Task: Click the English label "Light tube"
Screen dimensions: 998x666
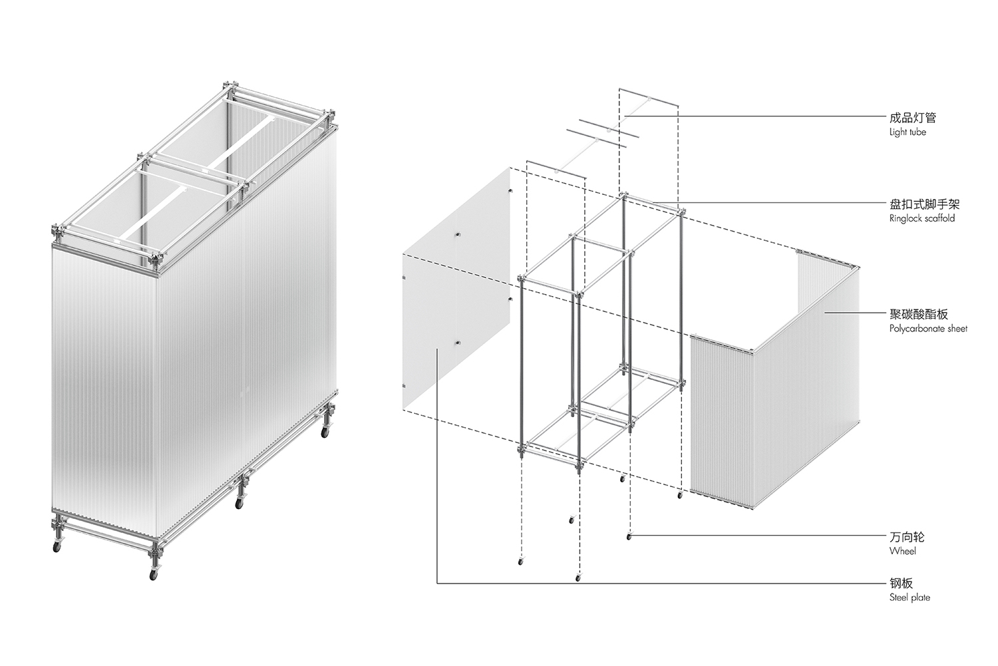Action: point(908,132)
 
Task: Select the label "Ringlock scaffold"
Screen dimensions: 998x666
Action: point(922,218)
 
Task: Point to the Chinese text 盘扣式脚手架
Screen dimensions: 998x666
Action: point(925,204)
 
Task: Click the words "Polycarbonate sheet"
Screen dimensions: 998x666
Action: point(929,329)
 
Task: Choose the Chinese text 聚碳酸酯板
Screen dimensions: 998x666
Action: point(919,314)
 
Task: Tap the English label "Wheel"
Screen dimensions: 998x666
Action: point(903,551)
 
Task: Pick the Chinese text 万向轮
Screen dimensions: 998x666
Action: point(907,537)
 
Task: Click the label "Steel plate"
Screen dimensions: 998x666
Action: point(910,597)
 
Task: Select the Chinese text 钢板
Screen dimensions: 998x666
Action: point(901,583)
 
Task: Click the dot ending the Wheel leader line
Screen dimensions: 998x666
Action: point(629,537)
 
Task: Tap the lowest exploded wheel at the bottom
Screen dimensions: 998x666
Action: point(578,578)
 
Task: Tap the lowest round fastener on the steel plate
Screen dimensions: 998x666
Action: point(457,343)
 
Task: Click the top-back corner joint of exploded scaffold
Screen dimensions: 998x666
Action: point(623,196)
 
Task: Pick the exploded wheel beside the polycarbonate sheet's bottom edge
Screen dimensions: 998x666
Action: point(679,495)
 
